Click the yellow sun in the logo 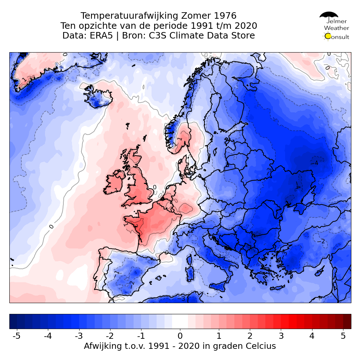click(x=328, y=36)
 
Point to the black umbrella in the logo click(x=329, y=15)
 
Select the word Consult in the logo click(x=339, y=37)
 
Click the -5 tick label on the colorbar click(x=16, y=336)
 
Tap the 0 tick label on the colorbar click(x=180, y=336)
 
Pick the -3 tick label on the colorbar click(x=78, y=336)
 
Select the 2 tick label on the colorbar click(x=249, y=336)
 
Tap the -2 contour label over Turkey click(x=321, y=241)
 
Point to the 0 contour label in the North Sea click(x=154, y=187)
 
